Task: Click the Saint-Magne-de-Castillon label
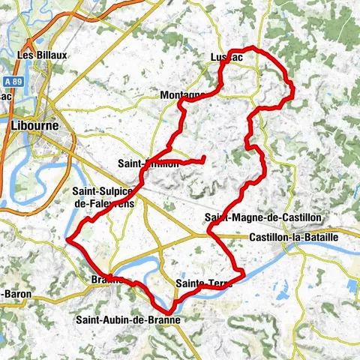pyautogui.click(x=262, y=217)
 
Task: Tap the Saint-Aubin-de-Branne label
pyautogui.click(x=127, y=319)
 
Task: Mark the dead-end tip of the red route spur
pyautogui.click(x=205, y=158)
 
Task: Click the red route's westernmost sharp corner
pyautogui.click(x=68, y=240)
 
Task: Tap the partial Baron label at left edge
pyautogui.click(x=16, y=294)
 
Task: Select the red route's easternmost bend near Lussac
pyautogui.click(x=293, y=91)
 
